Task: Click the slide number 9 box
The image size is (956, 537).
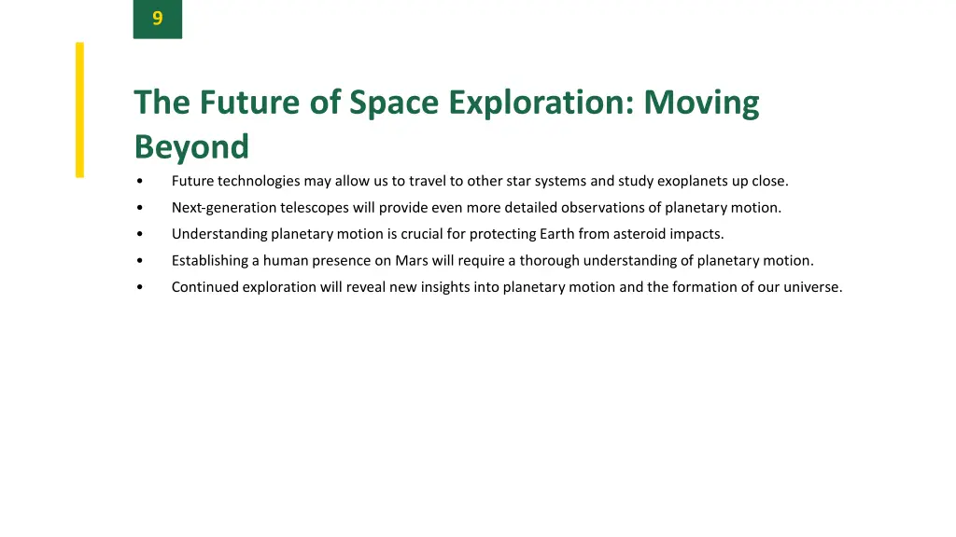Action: click(157, 19)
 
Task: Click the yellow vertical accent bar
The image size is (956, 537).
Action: click(79, 109)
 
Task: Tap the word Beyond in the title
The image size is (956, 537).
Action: click(191, 147)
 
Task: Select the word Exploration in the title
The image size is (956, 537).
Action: click(538, 103)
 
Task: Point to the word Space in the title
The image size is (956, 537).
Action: click(393, 103)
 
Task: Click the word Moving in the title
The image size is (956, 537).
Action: click(701, 103)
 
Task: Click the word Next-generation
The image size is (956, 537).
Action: click(224, 208)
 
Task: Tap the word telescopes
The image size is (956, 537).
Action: click(315, 208)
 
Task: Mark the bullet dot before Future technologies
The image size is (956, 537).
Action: click(139, 182)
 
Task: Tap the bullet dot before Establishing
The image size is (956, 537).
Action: click(139, 261)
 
